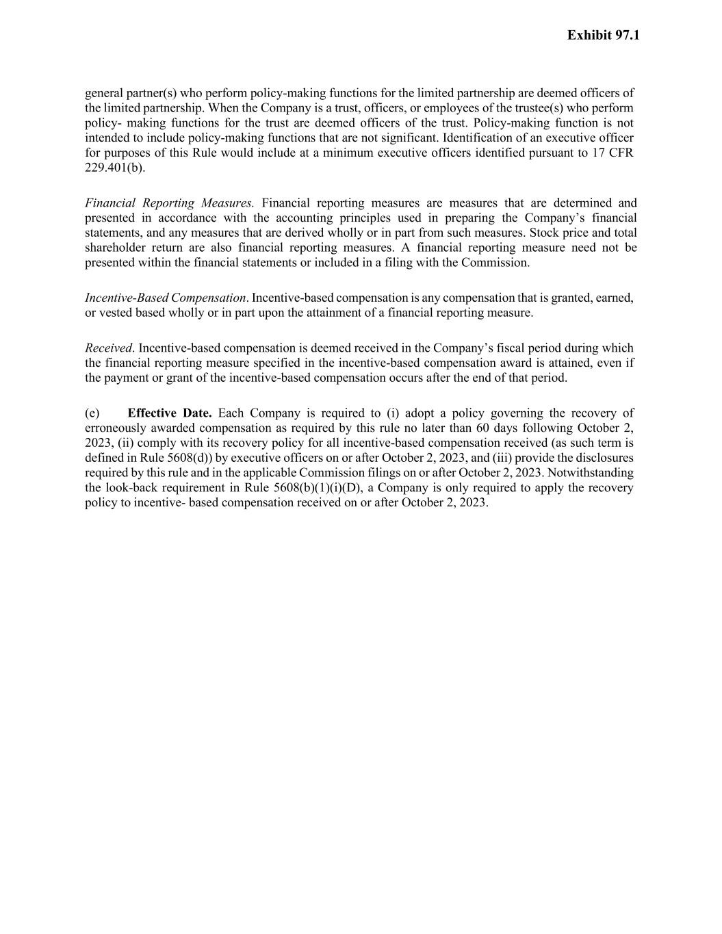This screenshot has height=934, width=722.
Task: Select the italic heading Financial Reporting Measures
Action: [x=169, y=203]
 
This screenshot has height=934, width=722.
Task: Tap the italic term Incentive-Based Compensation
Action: [x=165, y=298]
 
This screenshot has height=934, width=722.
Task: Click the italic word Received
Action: [x=109, y=348]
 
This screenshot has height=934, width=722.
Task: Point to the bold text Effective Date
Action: [x=170, y=413]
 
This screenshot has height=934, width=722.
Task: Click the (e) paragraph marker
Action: [x=92, y=413]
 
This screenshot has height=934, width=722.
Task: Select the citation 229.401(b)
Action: [x=115, y=168]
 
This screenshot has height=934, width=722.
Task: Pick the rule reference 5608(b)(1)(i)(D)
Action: [x=315, y=488]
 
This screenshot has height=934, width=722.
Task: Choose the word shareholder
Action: [x=115, y=248]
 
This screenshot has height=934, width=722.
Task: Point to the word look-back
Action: [x=133, y=488]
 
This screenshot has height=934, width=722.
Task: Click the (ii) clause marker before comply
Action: [x=125, y=443]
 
